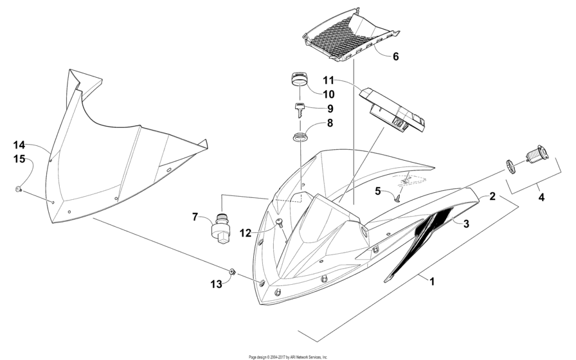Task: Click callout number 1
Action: [432, 282]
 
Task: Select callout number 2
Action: [492, 197]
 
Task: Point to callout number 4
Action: [541, 197]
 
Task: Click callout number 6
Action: [395, 57]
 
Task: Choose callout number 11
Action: [328, 80]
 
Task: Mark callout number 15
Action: [20, 159]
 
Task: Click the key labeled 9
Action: [300, 109]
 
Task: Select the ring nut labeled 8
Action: [300, 137]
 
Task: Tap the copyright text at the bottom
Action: [288, 357]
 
